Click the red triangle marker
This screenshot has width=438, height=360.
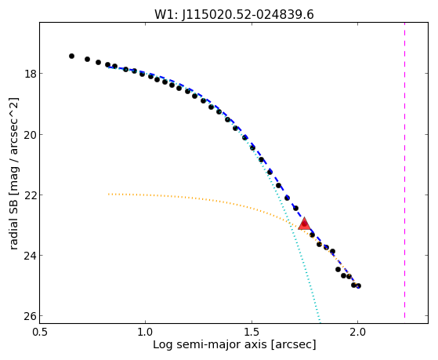tap(304, 224)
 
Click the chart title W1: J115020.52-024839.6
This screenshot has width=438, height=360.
tap(234, 15)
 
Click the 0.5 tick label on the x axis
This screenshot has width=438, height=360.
tap(40, 333)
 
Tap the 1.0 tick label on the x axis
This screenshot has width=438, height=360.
tap(145, 333)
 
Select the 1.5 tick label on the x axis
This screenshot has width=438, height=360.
tap(252, 333)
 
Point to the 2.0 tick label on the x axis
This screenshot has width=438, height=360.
tap(358, 333)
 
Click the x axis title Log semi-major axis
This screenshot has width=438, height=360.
tap(210, 345)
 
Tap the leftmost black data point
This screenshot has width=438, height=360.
tap(71, 56)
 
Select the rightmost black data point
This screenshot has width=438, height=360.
tap(359, 285)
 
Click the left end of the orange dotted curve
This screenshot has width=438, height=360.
tap(109, 194)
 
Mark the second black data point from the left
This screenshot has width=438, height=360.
tap(88, 60)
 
